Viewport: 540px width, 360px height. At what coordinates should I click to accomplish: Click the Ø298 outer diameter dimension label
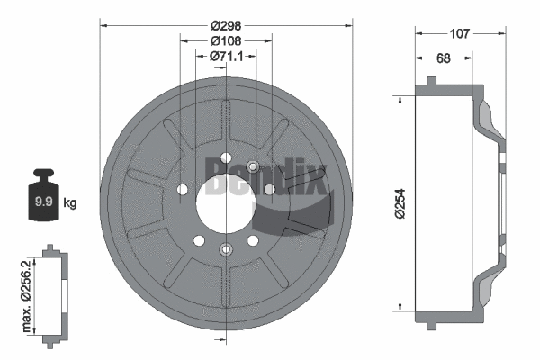(226, 26)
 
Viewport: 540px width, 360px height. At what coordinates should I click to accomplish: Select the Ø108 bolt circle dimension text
(225, 41)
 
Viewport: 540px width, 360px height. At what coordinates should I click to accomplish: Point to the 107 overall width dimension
(460, 35)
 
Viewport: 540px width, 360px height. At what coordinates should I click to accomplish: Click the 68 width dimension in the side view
(443, 59)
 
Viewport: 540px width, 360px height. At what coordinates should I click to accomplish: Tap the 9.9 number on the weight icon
(41, 202)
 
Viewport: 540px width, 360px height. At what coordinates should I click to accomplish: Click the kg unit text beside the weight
(70, 203)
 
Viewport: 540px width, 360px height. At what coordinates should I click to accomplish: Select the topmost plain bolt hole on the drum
(225, 158)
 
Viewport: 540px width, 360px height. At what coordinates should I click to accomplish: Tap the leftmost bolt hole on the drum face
(183, 190)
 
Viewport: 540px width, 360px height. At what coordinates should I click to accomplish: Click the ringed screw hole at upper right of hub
(253, 166)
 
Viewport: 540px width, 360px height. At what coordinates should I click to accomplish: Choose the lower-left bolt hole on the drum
(200, 240)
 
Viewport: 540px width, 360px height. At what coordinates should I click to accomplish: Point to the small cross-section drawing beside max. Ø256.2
(56, 292)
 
